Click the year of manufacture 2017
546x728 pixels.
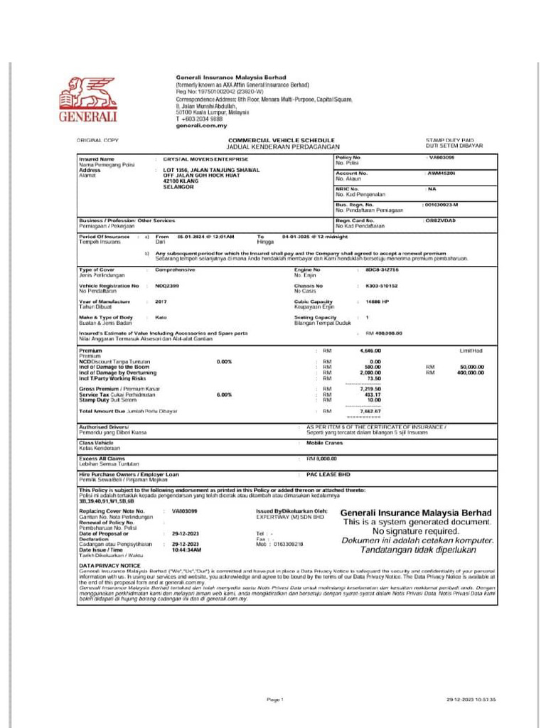(161, 301)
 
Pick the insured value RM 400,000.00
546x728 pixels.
(384, 333)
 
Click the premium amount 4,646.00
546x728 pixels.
(370, 350)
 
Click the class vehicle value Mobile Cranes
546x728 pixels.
(324, 442)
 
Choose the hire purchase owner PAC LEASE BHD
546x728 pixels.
(328, 473)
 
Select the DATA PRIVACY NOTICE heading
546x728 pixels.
(105, 564)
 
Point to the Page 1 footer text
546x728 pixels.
(275, 700)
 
